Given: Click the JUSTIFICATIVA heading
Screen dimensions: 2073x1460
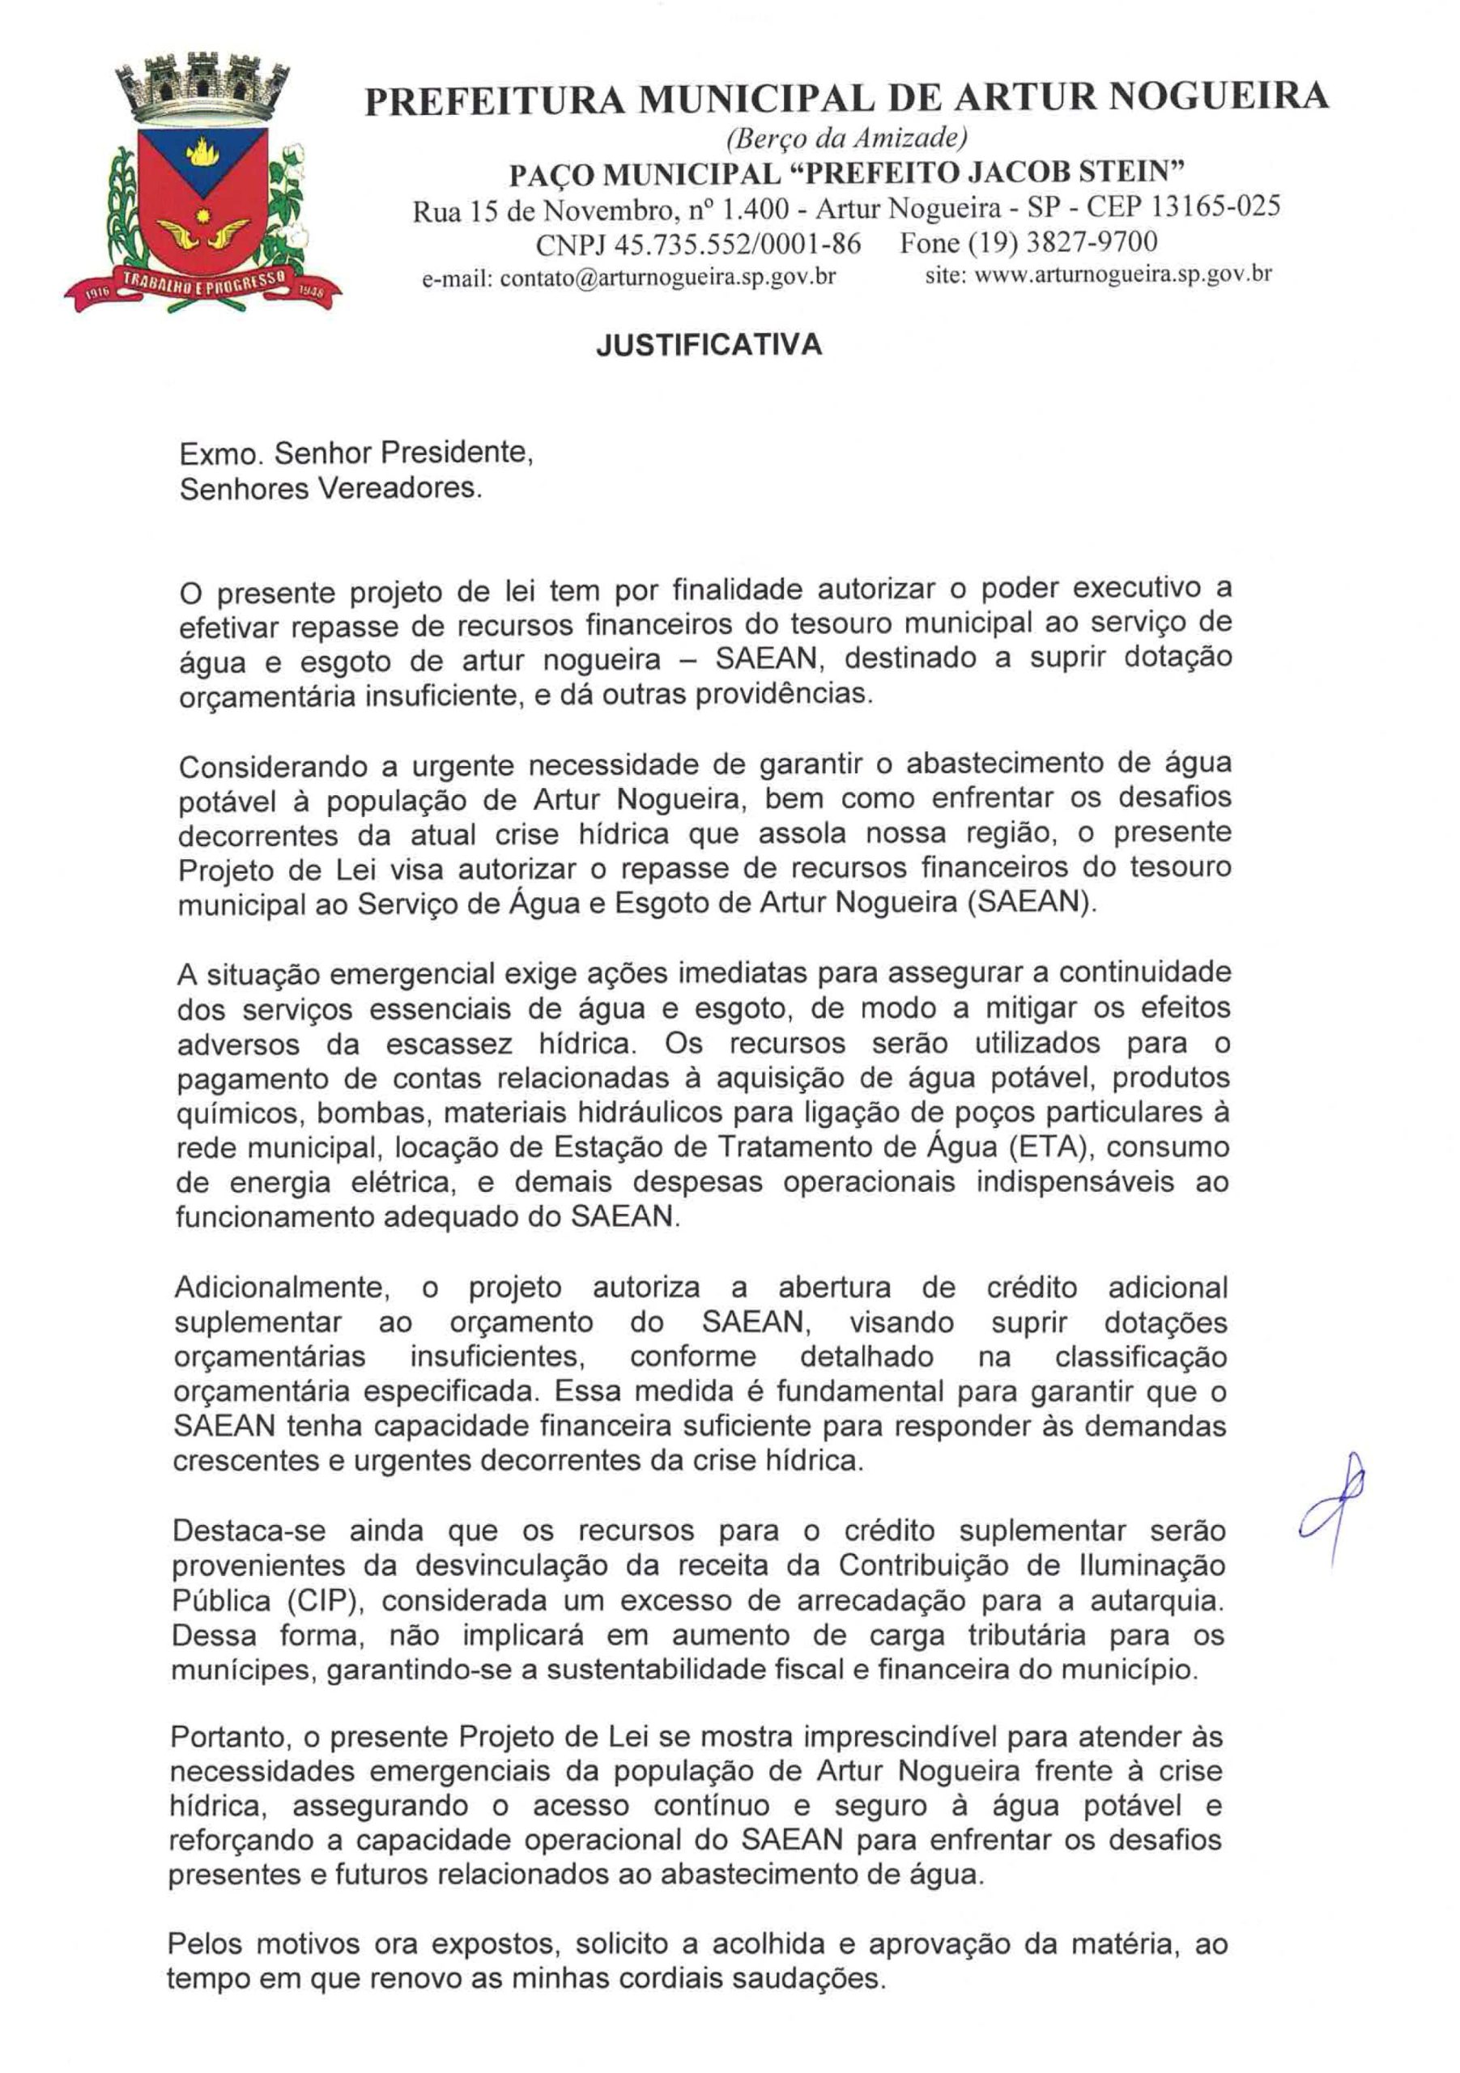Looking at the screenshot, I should tap(709, 345).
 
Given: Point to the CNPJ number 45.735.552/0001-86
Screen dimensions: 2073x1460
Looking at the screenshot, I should tap(738, 244).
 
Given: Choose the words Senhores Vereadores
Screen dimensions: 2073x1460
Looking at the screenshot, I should tap(330, 489).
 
